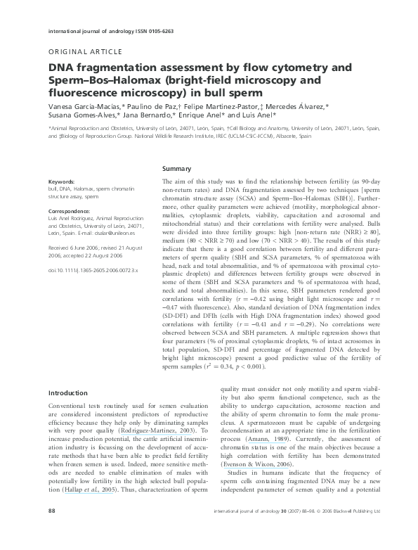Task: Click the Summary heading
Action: (176, 170)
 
